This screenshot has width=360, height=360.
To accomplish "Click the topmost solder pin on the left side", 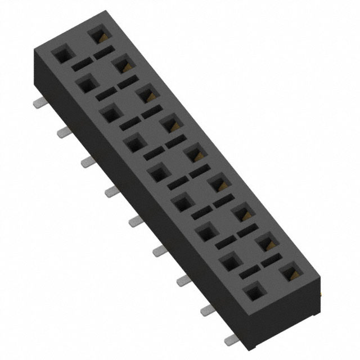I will pos(39,103).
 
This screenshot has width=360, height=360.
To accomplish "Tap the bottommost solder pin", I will pos(231,340).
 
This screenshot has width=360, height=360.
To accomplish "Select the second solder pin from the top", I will pos(63,132).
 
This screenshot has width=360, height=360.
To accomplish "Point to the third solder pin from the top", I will pos(87,162).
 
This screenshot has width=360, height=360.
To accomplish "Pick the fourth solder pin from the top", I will pos(111,192).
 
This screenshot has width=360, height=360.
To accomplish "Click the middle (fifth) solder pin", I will pos(135,221).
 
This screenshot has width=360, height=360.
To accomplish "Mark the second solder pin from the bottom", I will pos(207,310).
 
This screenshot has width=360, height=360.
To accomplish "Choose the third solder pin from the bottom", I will pos(183,281).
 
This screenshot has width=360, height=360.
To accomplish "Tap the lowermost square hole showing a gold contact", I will pos(290,273).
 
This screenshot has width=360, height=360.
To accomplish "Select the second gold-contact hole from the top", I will pos(122,65).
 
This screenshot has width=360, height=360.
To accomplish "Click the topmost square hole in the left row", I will pos(61,55).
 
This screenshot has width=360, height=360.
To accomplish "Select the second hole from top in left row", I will pos(85,84).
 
